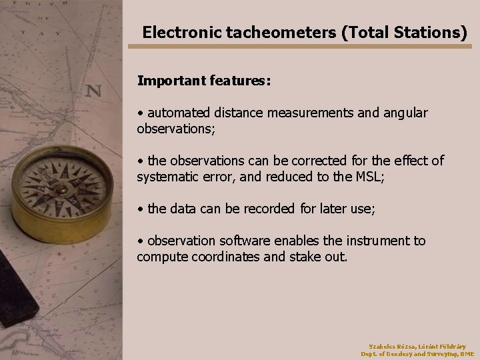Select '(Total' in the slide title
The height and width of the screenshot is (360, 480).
pyautogui.click(x=364, y=32)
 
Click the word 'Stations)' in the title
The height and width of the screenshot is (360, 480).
pyautogui.click(x=429, y=32)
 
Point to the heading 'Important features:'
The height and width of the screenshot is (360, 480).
pyautogui.click(x=203, y=81)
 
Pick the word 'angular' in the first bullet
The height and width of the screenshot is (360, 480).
pyautogui.click(x=405, y=113)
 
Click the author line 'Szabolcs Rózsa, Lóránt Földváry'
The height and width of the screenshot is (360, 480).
pyautogui.click(x=417, y=346)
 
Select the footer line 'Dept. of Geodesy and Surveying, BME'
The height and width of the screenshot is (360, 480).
pyautogui.click(x=417, y=354)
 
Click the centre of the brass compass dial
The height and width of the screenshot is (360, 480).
pyautogui.click(x=62, y=189)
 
